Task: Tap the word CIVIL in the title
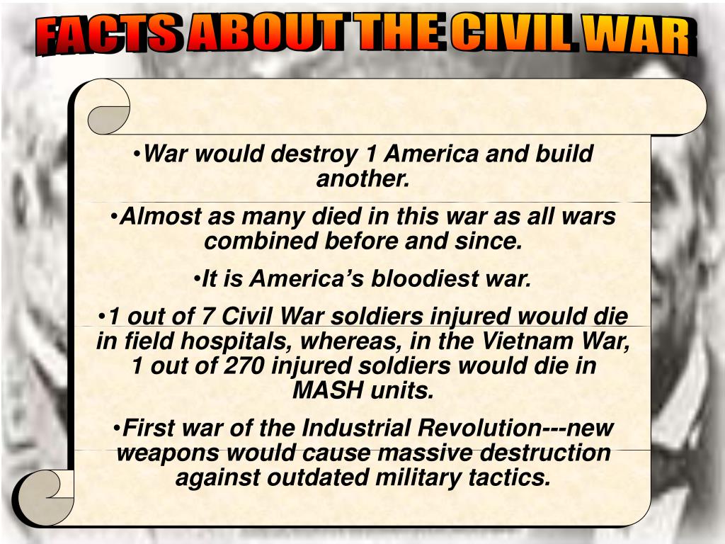tap(512, 34)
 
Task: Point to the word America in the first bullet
tap(432, 154)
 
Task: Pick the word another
tap(362, 178)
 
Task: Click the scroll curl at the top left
tap(108, 108)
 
